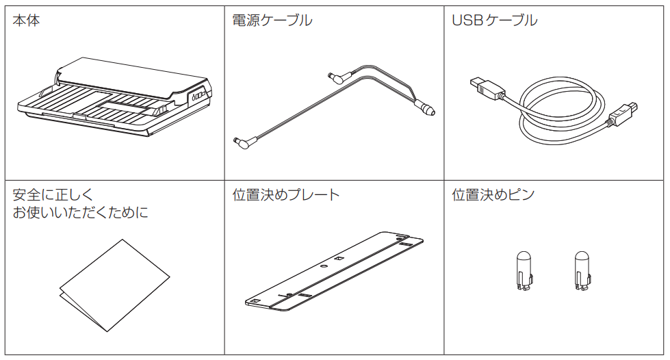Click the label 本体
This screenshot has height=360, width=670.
[x=26, y=21]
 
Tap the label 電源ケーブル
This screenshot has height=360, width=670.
[x=272, y=21]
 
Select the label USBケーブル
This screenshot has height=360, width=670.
[x=495, y=21]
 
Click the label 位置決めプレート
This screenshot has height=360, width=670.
[x=286, y=195]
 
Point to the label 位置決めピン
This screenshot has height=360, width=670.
[x=493, y=195]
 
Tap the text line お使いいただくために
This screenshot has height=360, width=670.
[x=81, y=212]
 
